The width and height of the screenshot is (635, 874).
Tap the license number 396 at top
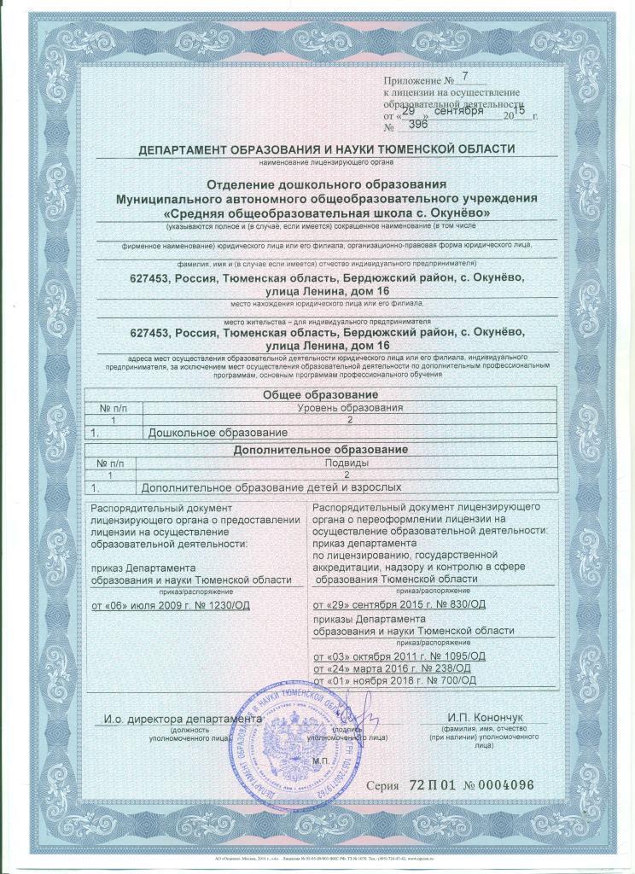pos(419,124)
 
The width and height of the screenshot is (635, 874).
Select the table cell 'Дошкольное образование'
pos(213,434)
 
